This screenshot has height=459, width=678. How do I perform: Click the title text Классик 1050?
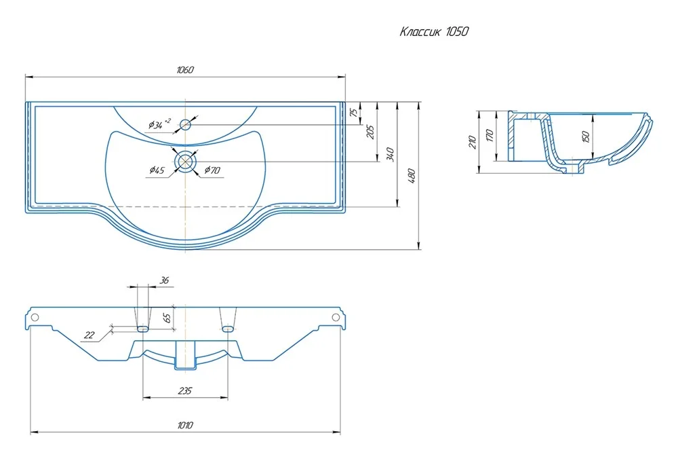point(433,31)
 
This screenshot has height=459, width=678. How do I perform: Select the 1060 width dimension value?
point(184,71)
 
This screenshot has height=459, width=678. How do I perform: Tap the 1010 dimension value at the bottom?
point(184,425)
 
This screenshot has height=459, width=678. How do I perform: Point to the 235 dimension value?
point(184,390)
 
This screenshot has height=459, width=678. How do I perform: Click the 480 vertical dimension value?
point(411,175)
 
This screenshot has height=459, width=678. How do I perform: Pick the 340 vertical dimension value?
point(389,154)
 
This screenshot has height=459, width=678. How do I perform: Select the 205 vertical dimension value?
point(370,132)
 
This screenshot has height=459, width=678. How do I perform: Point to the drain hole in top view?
point(185,161)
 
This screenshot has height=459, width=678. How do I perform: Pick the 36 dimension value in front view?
point(163,280)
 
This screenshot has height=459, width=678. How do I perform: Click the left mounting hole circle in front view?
point(35,317)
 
